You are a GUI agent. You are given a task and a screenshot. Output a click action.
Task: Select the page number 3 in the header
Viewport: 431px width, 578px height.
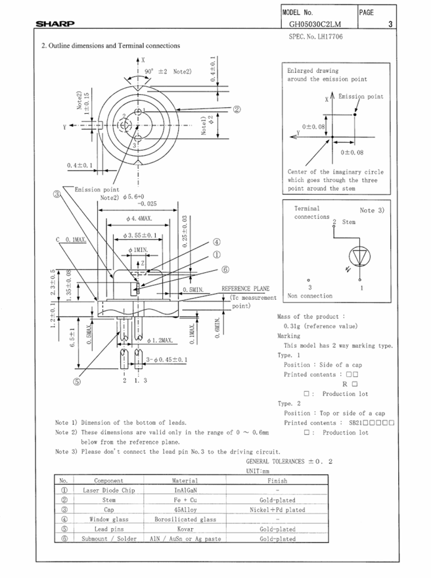pos(390,25)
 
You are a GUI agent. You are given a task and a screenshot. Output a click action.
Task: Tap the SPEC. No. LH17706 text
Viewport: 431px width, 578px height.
pos(315,37)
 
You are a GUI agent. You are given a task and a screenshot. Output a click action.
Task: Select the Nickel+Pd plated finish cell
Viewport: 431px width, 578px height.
pos(277,509)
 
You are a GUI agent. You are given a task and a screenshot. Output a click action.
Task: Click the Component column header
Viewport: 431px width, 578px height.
pos(108,481)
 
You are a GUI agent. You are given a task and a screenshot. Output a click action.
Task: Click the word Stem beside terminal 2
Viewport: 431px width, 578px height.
pos(349,222)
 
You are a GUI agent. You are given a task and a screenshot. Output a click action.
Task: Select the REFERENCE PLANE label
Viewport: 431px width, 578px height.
pos(245,289)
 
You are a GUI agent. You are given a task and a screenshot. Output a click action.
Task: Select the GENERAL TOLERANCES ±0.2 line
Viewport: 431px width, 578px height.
pos(289,462)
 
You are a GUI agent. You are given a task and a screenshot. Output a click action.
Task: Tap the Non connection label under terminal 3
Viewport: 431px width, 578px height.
pos(309,296)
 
